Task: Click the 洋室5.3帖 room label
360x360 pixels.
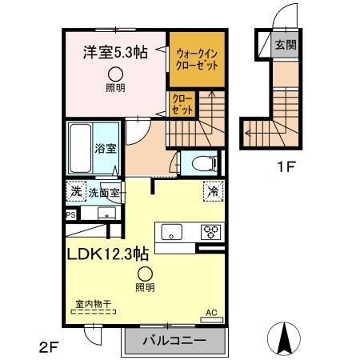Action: coord(115,52)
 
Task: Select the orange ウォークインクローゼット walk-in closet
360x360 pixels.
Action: coord(192,58)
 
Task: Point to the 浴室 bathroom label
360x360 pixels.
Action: coord(106,148)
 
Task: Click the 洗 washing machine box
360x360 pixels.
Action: coord(74,192)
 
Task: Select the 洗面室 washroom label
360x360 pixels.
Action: coord(104,193)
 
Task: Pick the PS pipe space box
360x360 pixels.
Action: coord(70,214)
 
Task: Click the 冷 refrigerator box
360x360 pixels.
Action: coord(213,191)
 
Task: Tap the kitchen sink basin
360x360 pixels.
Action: coord(172,232)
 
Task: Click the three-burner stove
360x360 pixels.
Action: coord(211,232)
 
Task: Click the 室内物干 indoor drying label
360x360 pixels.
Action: coord(92,305)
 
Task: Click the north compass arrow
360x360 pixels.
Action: coord(284,338)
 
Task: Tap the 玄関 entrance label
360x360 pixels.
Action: coord(285,45)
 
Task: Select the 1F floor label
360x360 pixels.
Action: coord(287,169)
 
